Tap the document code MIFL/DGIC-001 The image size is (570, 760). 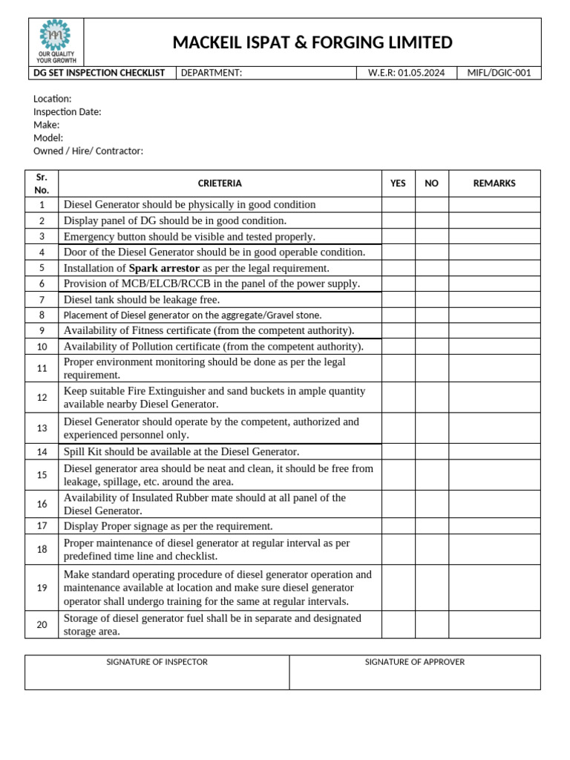tap(499, 73)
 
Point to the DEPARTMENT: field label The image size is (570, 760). tap(212, 73)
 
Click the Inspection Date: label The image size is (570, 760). tap(68, 112)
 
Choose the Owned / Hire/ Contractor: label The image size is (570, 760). tap(88, 151)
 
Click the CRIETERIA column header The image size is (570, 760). tap(220, 183)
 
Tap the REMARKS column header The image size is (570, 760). tap(494, 183)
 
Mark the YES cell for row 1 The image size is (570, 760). tap(398, 205)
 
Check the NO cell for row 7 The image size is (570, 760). tap(431, 300)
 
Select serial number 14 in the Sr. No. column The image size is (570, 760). tap(42, 452)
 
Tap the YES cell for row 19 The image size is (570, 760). tap(398, 588)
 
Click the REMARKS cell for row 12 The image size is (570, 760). tap(494, 398)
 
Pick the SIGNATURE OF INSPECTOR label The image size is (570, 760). tap(157, 662)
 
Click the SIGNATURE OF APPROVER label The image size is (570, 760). tap(415, 662)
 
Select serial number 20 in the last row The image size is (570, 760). tap(42, 625)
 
